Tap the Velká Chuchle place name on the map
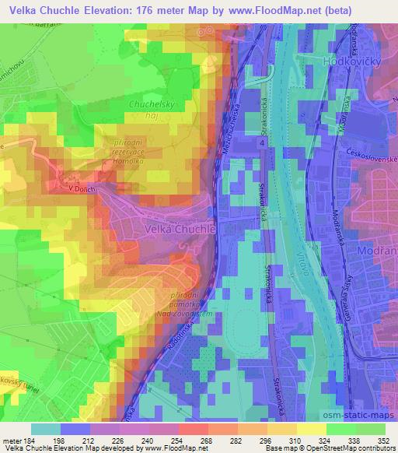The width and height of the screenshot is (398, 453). [x=180, y=230]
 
